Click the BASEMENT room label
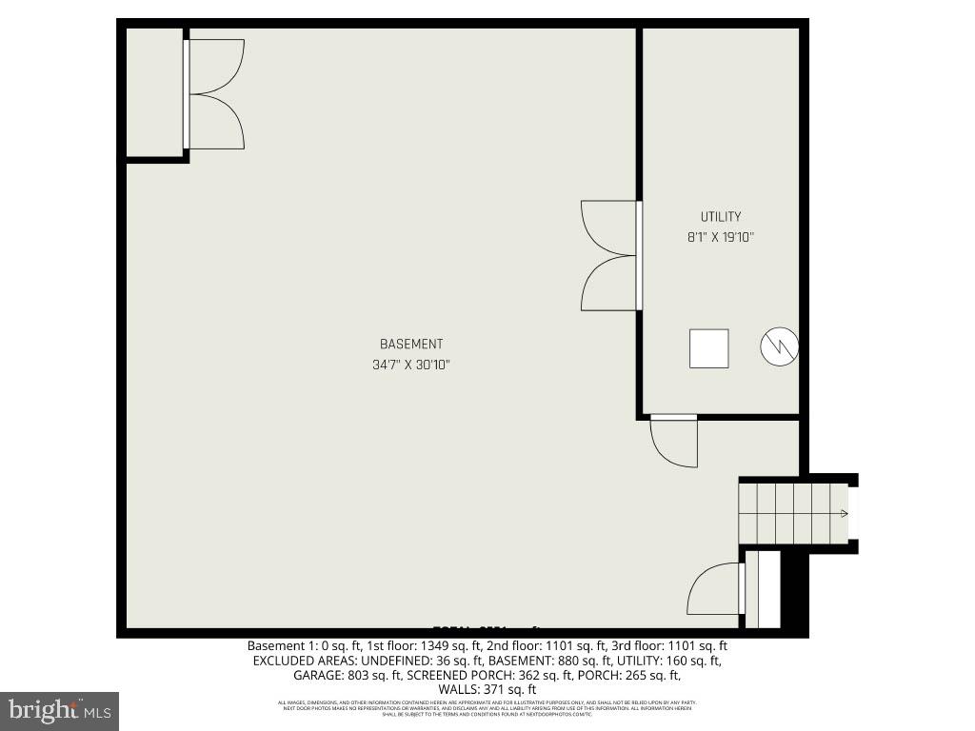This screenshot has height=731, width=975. click(x=411, y=345)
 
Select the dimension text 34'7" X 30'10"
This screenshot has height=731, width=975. click(x=411, y=365)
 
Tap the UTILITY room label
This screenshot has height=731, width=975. click(x=721, y=217)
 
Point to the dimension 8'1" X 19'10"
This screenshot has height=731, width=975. click(x=721, y=238)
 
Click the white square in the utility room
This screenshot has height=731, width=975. click(x=708, y=348)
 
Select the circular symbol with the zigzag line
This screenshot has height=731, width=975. click(x=778, y=347)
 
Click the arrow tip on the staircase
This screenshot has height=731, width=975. click(x=845, y=514)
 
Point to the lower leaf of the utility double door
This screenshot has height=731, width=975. click(x=609, y=284)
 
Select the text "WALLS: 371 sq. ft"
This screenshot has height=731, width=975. click(x=487, y=689)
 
